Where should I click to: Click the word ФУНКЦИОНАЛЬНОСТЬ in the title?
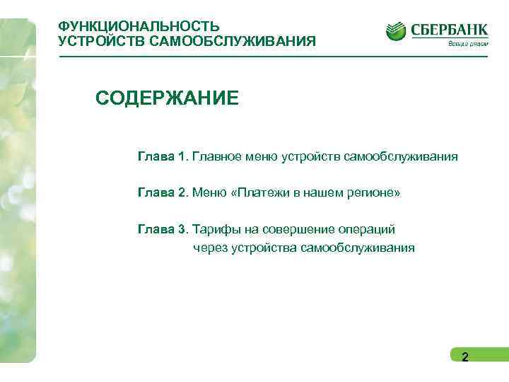pyautogui.click(x=139, y=27)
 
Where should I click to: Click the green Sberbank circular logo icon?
pyautogui.click(x=396, y=31)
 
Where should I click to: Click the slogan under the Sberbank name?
pyautogui.click(x=467, y=43)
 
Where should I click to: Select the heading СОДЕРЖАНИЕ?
pyautogui.click(x=168, y=98)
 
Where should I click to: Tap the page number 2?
pyautogui.click(x=464, y=357)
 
